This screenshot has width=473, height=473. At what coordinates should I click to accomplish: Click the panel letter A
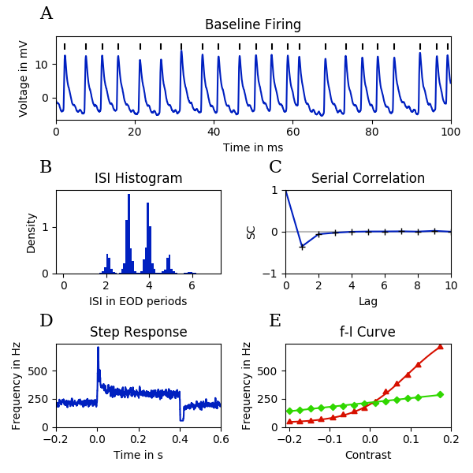[x=47, y=13]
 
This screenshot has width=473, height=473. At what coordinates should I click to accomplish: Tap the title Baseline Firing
[x=252, y=24]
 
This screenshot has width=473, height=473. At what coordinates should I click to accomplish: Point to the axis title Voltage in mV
[x=24, y=77]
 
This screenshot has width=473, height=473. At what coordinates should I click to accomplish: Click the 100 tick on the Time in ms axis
[x=450, y=132]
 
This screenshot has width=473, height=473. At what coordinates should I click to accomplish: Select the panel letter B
[x=46, y=167]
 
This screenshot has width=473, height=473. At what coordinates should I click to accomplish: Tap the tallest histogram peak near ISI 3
[x=128, y=195]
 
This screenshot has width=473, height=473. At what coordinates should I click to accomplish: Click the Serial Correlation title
[x=368, y=178]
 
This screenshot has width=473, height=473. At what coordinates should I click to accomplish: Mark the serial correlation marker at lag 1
[x=302, y=247]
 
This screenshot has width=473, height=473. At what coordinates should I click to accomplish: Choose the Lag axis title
[x=368, y=300]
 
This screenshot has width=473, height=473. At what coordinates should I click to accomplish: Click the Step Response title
[x=138, y=332]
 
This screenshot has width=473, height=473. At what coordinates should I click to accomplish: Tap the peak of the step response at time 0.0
[x=98, y=347]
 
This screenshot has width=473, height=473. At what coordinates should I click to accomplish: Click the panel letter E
[x=275, y=320]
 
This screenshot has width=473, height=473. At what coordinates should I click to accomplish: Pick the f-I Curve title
[x=368, y=332]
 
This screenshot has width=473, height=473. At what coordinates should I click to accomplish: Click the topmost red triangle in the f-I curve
[x=441, y=346]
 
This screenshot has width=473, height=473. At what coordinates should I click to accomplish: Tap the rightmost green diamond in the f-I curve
[x=441, y=394]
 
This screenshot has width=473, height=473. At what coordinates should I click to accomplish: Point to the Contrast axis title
[x=368, y=455]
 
